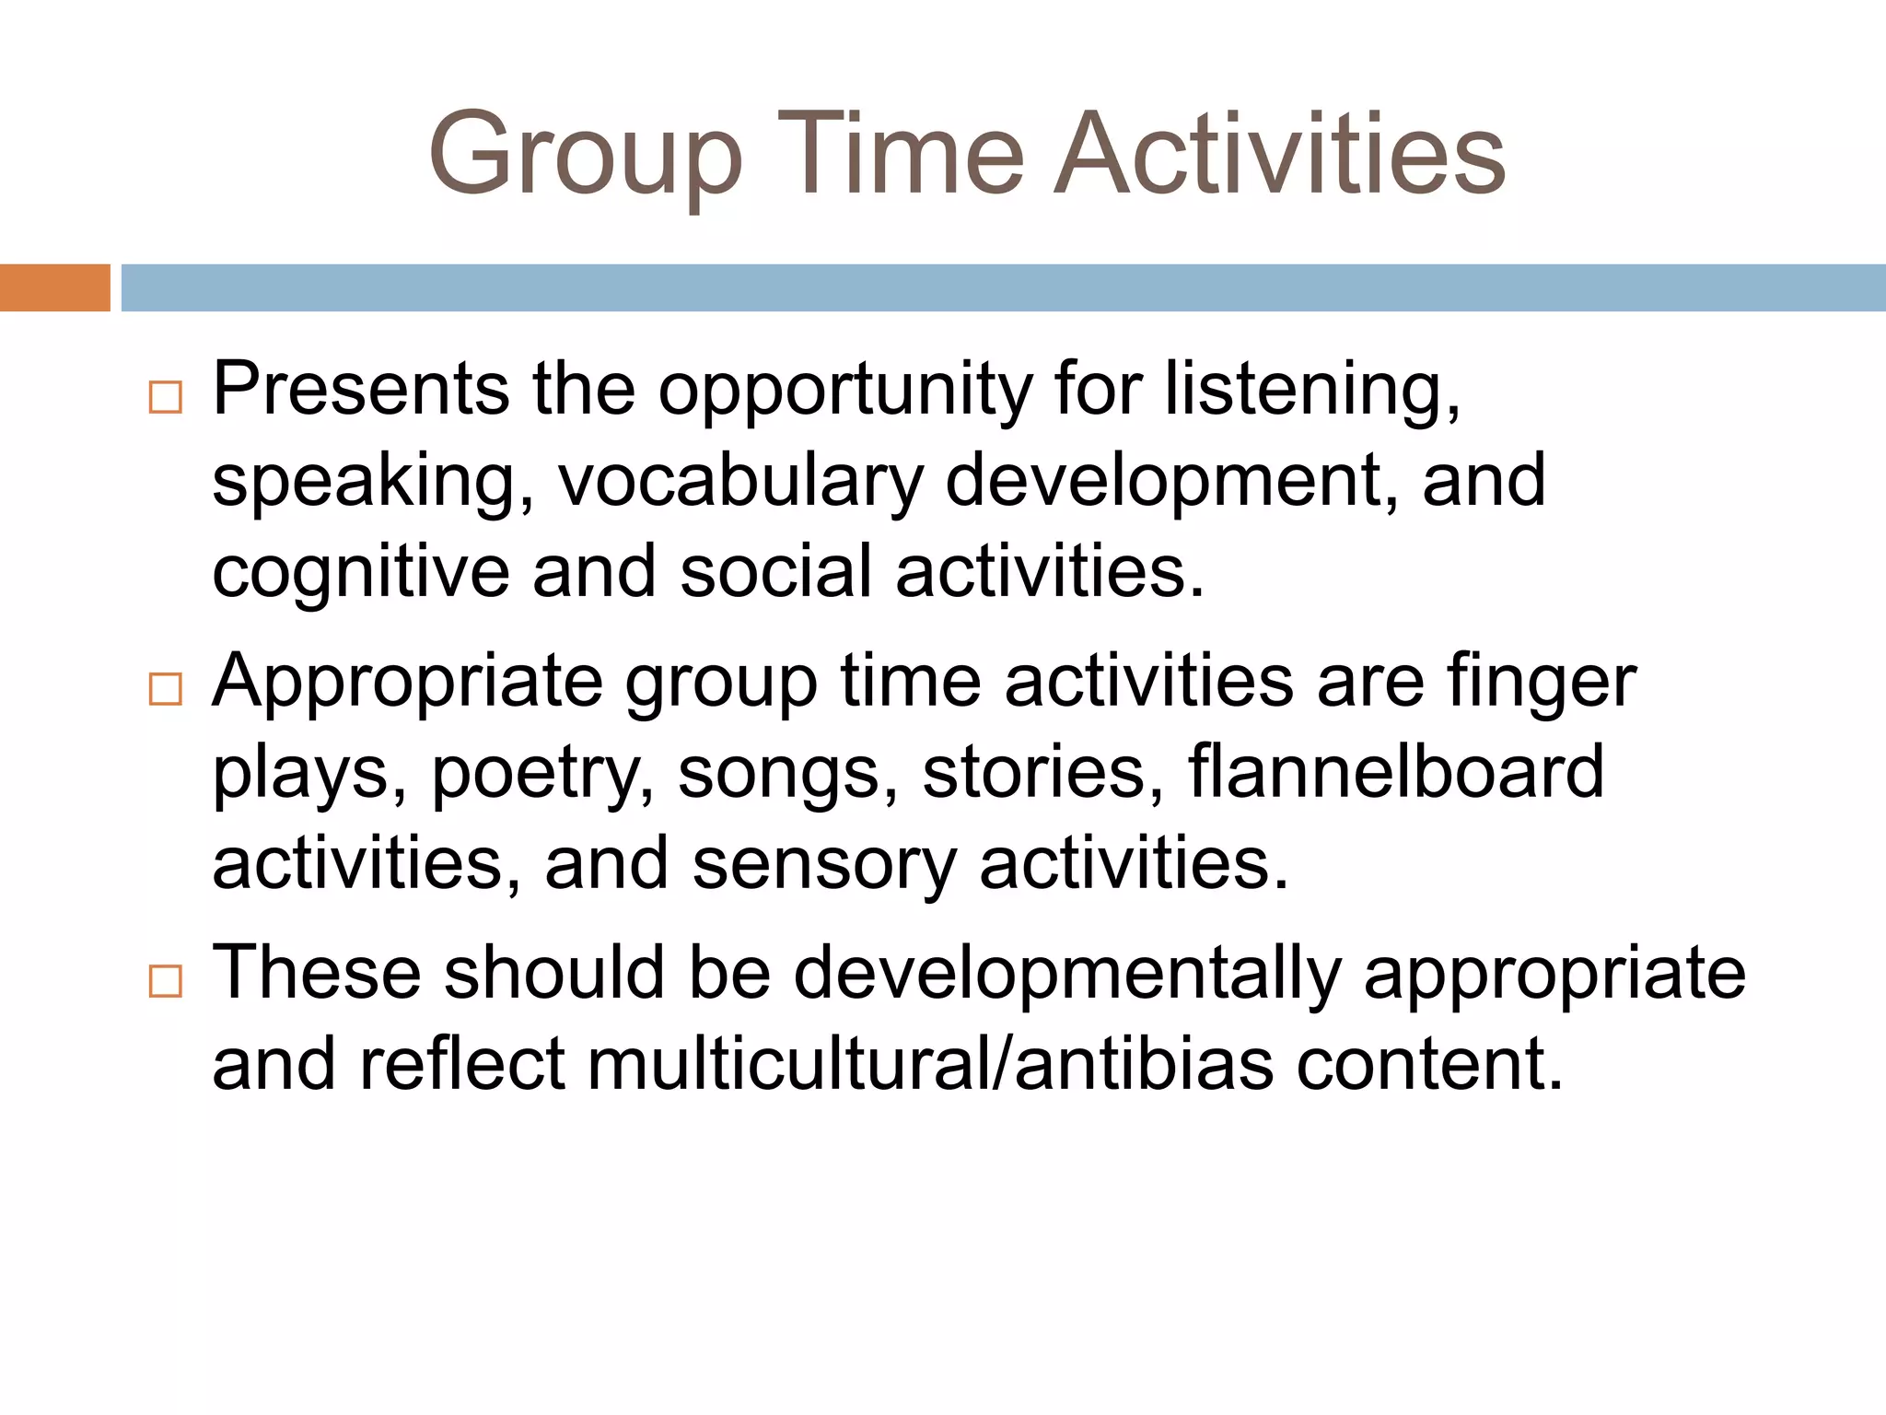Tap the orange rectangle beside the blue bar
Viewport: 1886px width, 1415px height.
pyautogui.click(x=54, y=287)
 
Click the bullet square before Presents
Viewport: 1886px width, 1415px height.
pyautogui.click(x=166, y=398)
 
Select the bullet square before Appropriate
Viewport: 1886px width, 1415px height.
pyautogui.click(x=166, y=689)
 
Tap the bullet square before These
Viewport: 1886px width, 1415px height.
pyautogui.click(x=166, y=981)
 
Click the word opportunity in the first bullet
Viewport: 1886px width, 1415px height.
pyautogui.click(x=845, y=391)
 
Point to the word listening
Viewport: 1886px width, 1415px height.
pyautogui.click(x=1311, y=391)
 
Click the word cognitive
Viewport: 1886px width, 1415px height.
pyautogui.click(x=360, y=573)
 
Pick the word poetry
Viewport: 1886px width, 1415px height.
pyautogui.click(x=543, y=774)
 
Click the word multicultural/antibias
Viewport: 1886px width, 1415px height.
pyautogui.click(x=930, y=1065)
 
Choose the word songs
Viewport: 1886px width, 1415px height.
pyautogui.click(x=787, y=776)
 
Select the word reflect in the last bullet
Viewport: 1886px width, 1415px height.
pyautogui.click(x=461, y=1065)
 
